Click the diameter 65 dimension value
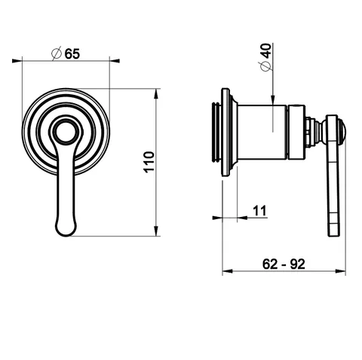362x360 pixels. point(72,53)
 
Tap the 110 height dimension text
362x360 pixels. point(149,162)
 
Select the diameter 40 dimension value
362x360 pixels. point(266,51)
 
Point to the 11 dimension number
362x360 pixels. point(259,211)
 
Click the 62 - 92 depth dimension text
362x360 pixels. point(284,264)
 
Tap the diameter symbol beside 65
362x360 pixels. point(57,53)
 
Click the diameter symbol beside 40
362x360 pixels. point(266,66)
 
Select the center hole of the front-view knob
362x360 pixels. point(65,132)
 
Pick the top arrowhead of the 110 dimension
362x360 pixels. point(156,94)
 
